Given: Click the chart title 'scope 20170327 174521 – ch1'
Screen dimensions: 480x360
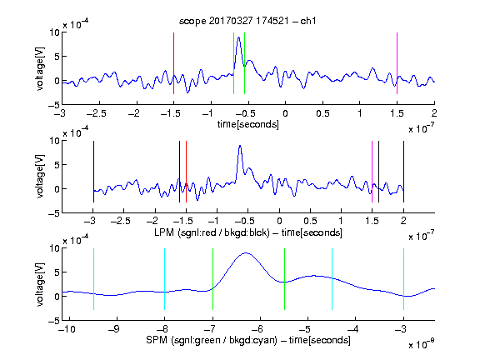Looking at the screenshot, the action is (x=247, y=21).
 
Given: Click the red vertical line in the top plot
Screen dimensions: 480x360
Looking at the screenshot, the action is (x=173, y=63).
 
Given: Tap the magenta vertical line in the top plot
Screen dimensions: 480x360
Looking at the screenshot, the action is (x=397, y=63).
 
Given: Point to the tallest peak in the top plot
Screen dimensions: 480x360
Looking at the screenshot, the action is (x=239, y=37).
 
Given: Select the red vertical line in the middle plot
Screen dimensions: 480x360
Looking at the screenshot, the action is (x=186, y=172).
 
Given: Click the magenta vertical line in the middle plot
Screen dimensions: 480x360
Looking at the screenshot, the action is (x=372, y=172).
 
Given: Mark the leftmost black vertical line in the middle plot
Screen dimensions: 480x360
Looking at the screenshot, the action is (x=93, y=172).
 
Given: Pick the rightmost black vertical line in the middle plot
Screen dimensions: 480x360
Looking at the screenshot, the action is (x=403, y=172).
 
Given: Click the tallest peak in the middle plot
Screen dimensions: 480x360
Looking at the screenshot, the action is (x=240, y=146).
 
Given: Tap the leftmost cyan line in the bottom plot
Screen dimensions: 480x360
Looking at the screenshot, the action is (x=93, y=279).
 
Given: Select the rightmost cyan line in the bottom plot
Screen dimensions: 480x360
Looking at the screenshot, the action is (x=403, y=279).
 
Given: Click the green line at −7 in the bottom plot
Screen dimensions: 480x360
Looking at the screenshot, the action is (x=212, y=279).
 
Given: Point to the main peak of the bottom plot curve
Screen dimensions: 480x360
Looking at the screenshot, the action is (x=246, y=253).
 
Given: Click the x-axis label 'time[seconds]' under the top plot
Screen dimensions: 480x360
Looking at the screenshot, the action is (x=248, y=124).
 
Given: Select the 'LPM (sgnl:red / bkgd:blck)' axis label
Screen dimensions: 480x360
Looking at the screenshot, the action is (x=212, y=232).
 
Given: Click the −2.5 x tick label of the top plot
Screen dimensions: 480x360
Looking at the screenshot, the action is (x=97, y=113).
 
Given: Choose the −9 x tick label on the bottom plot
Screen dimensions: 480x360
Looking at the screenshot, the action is (x=114, y=329).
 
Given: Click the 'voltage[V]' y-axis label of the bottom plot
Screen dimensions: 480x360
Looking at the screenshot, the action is (x=40, y=284).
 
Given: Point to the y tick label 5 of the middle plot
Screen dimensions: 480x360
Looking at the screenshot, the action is (x=57, y=165).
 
